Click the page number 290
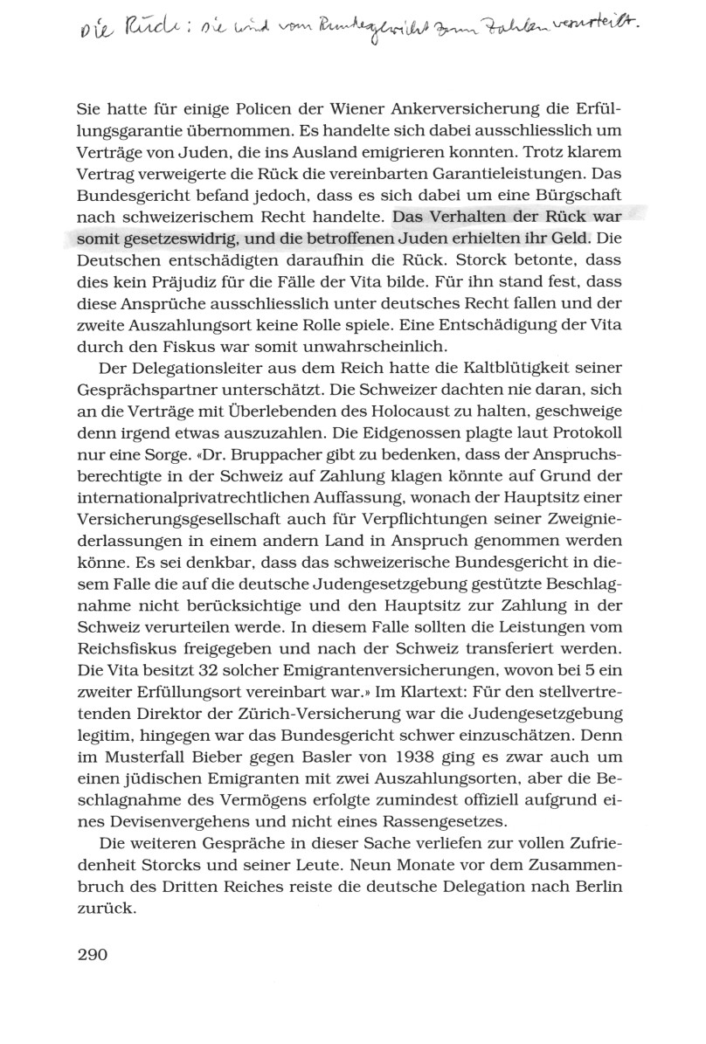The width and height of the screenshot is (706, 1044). (x=85, y=954)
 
